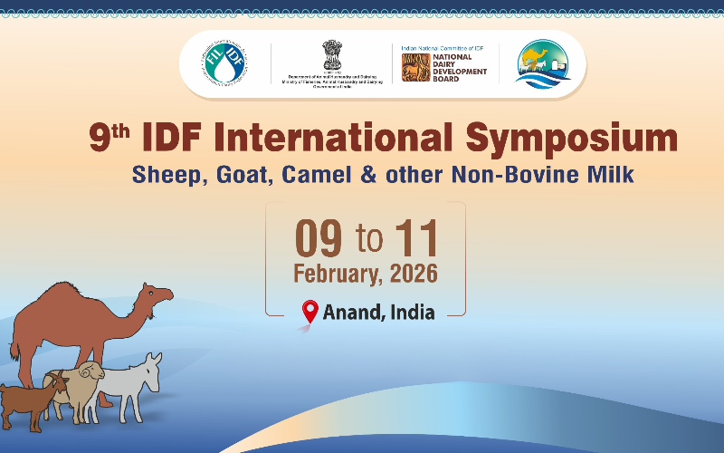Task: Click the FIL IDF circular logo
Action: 225,63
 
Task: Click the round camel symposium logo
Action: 544,64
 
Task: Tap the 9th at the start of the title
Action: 110,138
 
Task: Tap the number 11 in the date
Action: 415,238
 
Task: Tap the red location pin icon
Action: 310,312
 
